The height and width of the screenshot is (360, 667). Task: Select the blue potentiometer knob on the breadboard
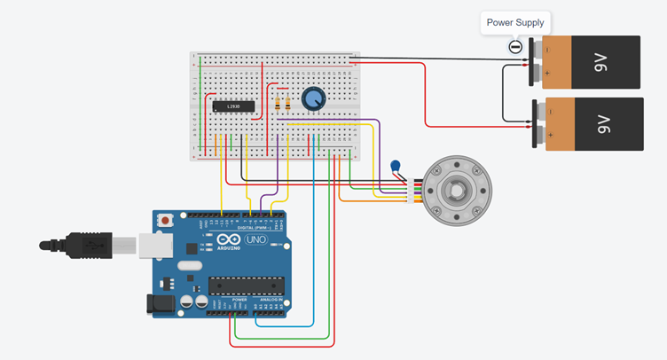[313, 99]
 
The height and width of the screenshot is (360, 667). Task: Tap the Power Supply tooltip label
[515, 22]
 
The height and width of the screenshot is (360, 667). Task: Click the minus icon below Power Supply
[514, 47]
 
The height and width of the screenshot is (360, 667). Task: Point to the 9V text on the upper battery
[600, 62]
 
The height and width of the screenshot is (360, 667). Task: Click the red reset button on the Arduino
[165, 219]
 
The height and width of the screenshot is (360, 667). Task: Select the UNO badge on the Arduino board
[256, 240]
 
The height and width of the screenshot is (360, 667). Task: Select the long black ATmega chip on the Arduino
[246, 286]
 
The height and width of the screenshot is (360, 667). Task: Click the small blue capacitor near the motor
[396, 166]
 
